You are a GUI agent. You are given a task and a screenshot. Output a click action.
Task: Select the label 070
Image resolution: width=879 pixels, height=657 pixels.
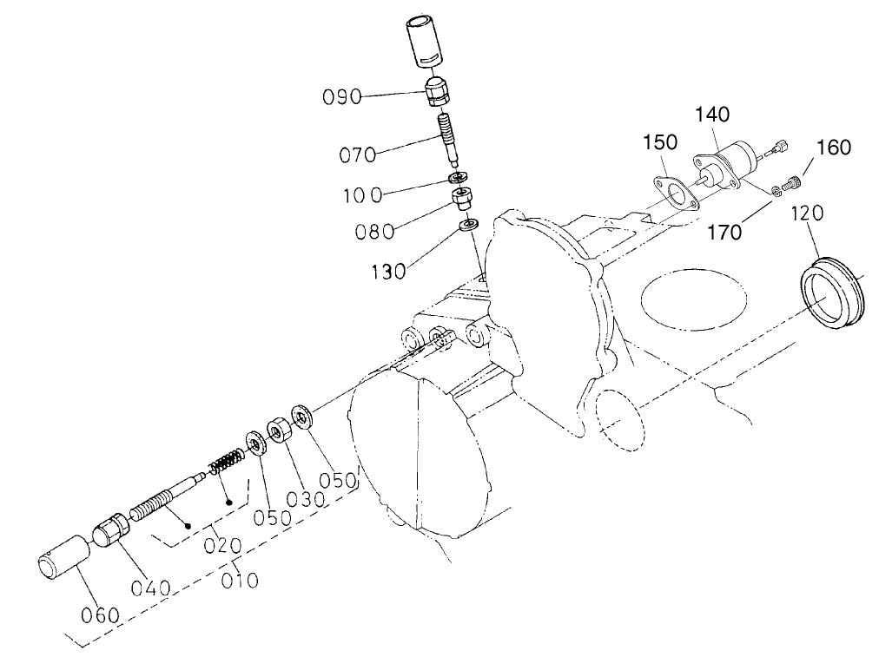click(359, 156)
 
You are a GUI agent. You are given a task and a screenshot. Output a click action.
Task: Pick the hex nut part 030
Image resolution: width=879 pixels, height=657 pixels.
click(280, 430)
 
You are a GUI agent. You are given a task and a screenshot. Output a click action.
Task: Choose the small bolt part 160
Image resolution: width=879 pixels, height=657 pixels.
click(791, 183)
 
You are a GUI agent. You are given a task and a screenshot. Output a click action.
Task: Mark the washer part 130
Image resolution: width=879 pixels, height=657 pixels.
click(467, 227)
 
